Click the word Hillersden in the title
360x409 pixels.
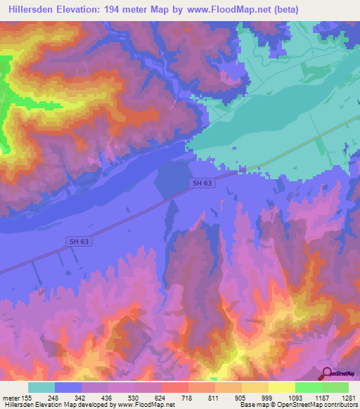click(33, 10)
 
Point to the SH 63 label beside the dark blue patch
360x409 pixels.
click(202, 183)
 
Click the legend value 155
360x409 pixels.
click(27, 397)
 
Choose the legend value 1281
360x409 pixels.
click(348, 397)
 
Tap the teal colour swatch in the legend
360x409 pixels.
click(41, 387)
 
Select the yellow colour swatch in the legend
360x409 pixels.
click(255, 387)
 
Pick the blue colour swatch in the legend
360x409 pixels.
click(68, 387)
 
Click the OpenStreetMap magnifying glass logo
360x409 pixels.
click(328, 372)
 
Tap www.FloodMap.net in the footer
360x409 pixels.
click(146, 405)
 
